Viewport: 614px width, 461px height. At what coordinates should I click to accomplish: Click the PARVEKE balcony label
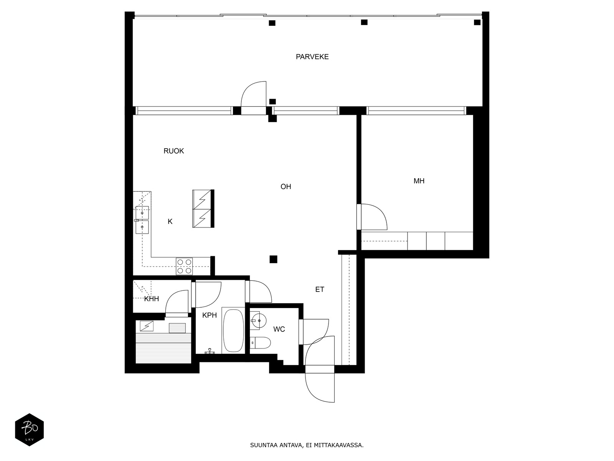tap(312, 57)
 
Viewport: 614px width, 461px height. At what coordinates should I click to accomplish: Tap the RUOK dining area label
tap(174, 151)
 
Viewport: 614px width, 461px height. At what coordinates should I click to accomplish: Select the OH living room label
tap(286, 187)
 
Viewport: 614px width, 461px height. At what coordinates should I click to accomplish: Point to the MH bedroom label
tap(419, 181)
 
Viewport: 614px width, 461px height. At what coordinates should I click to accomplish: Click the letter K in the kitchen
tap(170, 222)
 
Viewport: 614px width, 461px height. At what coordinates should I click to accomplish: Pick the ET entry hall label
tap(320, 289)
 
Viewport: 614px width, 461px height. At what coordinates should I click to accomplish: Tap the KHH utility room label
tap(152, 299)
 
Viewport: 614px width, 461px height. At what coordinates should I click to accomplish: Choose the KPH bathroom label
tap(210, 315)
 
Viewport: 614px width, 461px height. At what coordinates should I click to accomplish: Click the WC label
tap(279, 330)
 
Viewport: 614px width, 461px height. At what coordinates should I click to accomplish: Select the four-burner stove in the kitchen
tap(184, 266)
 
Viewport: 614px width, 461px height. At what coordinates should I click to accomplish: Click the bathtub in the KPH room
tap(233, 330)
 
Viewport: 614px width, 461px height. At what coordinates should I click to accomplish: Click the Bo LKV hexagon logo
tap(30, 430)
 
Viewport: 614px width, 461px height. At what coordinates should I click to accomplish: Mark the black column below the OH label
tap(273, 259)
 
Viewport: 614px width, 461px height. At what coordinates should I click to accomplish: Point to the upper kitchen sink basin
tap(142, 213)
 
